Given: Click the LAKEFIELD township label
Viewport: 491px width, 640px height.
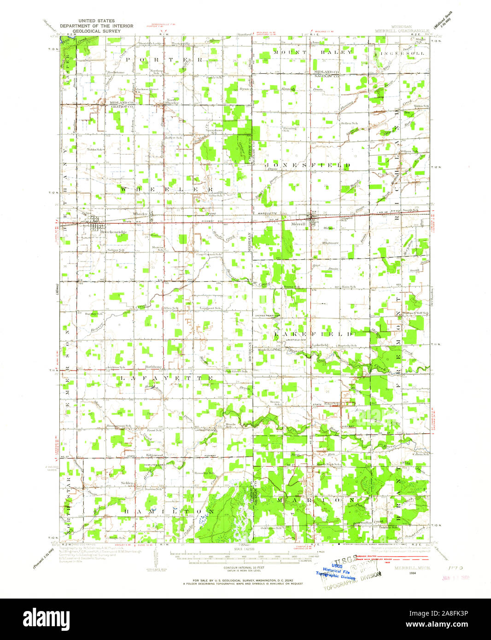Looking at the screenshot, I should [x=314, y=333].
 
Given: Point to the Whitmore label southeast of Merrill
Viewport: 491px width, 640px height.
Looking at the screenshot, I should [x=330, y=243].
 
